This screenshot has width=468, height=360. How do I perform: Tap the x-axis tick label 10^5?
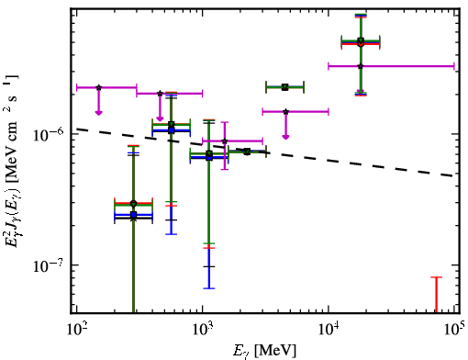pos(454,330)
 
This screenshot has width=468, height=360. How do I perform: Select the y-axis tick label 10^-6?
pos(47,134)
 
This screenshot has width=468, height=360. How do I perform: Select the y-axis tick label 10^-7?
pos(47,265)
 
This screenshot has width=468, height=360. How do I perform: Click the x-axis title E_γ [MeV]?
pos(264,351)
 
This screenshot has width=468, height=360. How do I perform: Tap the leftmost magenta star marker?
pos(99,87)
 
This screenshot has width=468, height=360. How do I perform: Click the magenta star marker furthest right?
pos(361,66)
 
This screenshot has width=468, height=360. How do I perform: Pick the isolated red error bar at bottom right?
pos(437,295)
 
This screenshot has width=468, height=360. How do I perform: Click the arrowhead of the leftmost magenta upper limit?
pos(98,113)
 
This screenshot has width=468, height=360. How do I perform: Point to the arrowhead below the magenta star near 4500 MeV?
pos(285,137)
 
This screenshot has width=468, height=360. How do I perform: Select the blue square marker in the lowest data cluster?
pos(133,215)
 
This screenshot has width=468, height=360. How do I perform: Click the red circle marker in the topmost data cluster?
pos(361,44)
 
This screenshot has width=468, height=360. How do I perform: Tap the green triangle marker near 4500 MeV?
pos(285,87)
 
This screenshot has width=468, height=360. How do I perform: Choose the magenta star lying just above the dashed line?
pos(225,141)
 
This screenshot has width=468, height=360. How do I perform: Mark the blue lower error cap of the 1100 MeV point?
pos(209,288)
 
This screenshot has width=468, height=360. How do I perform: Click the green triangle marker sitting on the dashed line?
pos(247,152)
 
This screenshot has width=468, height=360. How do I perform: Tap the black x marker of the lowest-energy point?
pos(133,219)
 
